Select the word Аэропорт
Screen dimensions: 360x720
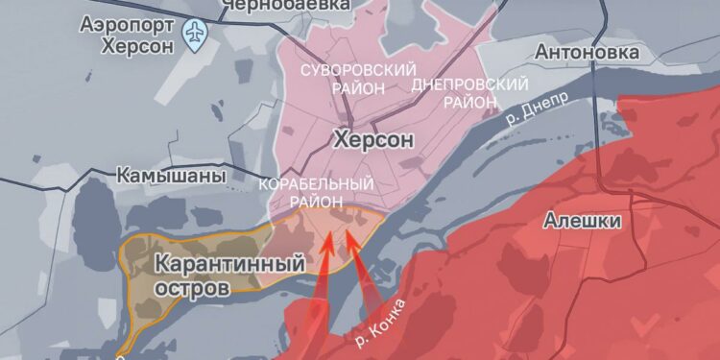coord(126,23)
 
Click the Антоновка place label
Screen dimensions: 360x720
coord(585,51)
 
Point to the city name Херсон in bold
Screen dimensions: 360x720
coord(373,139)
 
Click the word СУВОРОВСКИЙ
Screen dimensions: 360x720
coord(358,71)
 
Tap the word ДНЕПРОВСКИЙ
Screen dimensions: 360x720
coord(457,84)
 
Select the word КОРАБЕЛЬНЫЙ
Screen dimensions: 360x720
coord(317,182)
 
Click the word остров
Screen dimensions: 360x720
coord(195,286)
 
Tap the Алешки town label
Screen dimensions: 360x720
coord(583,221)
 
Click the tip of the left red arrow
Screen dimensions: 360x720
coord(327,232)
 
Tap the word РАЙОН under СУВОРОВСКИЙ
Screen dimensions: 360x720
coord(359,87)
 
